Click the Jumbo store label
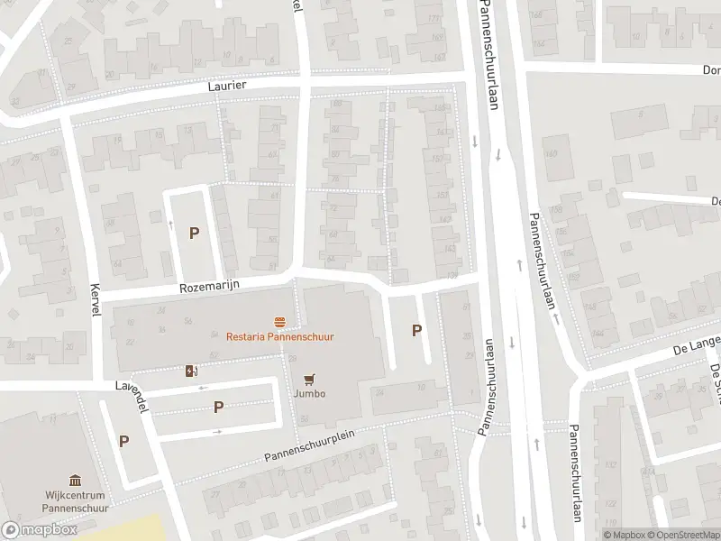tap(308, 394)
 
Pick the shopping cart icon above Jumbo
tap(309, 379)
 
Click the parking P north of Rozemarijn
tap(194, 233)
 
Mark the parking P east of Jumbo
tap(416, 330)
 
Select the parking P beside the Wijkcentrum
tap(123, 442)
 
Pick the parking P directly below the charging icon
tap(218, 408)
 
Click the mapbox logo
tap(40, 530)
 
